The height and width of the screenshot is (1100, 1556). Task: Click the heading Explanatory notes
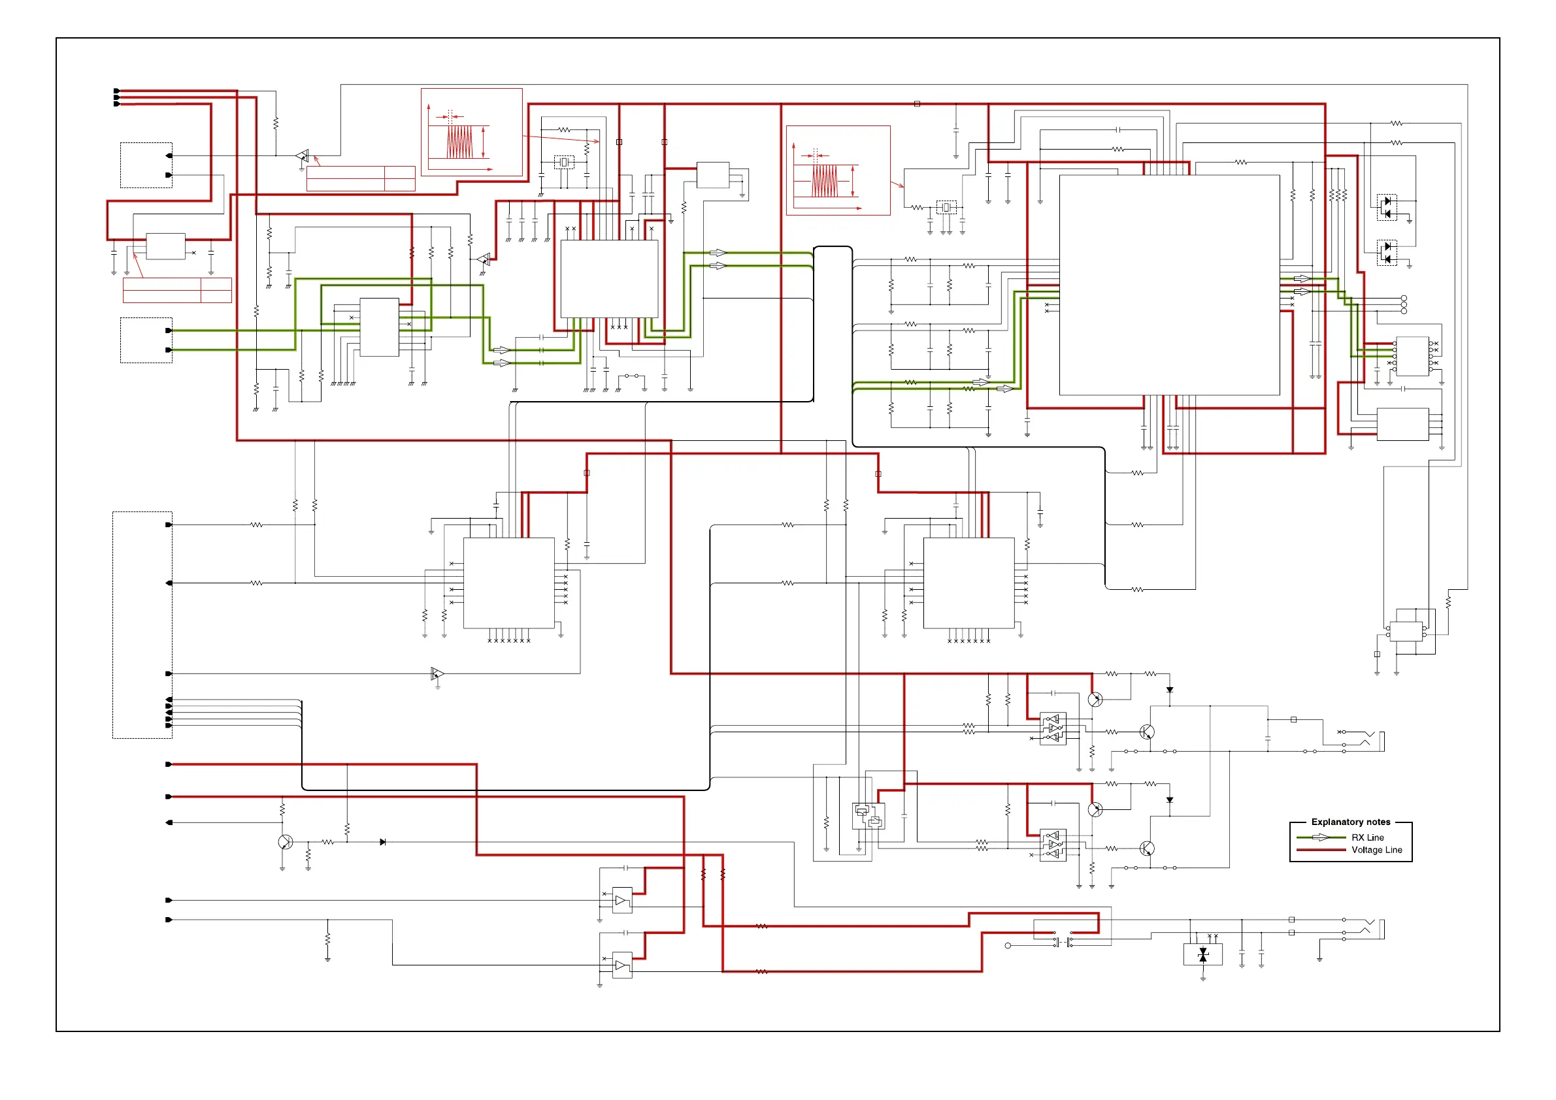pyautogui.click(x=1350, y=822)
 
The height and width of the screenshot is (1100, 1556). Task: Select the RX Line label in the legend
pyautogui.click(x=1367, y=837)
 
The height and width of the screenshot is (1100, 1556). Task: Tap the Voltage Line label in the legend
pyautogui.click(x=1376, y=850)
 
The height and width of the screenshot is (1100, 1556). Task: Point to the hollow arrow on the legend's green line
pyautogui.click(x=1320, y=838)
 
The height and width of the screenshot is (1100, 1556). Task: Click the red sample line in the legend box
pyautogui.click(x=1320, y=850)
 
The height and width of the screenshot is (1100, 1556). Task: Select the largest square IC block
pyautogui.click(x=1169, y=285)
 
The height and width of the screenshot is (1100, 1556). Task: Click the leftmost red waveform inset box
pyautogui.click(x=472, y=132)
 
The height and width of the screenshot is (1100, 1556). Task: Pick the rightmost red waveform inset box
pyautogui.click(x=838, y=170)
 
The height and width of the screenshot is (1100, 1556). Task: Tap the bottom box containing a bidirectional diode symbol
pyautogui.click(x=1202, y=954)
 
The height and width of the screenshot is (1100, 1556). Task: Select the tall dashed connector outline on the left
pyautogui.click(x=142, y=624)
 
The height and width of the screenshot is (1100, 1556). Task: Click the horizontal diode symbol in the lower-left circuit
pyautogui.click(x=383, y=842)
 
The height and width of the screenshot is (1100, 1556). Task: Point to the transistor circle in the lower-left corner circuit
pyautogui.click(x=286, y=842)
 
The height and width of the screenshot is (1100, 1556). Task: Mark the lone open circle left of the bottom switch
pyautogui.click(x=1008, y=946)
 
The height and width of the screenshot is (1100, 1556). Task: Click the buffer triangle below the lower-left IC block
pyautogui.click(x=437, y=673)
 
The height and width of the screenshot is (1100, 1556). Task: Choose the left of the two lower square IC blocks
pyautogui.click(x=508, y=583)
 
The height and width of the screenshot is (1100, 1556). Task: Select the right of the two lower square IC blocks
pyautogui.click(x=968, y=583)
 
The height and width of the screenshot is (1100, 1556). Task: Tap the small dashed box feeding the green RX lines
pyautogui.click(x=146, y=340)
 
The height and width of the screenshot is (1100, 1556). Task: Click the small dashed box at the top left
pyautogui.click(x=146, y=165)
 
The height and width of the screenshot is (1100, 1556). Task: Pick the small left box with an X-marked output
pyautogui.click(x=165, y=246)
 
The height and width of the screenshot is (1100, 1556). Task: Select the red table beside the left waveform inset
pyautogui.click(x=361, y=178)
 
